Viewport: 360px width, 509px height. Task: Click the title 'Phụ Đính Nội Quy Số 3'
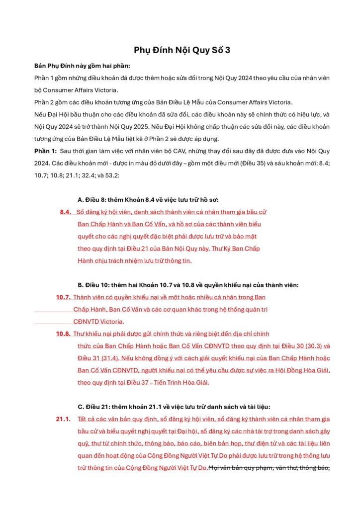click(182, 50)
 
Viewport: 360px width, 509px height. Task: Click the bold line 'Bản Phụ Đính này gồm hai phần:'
click(82, 66)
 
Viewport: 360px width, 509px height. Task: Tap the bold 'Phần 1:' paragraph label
click(45, 151)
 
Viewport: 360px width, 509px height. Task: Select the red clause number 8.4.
click(66, 212)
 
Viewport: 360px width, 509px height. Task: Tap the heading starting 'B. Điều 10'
click(188, 285)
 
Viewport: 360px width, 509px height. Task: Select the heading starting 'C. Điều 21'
click(174, 407)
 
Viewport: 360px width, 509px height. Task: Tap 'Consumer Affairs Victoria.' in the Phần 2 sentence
click(255, 102)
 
